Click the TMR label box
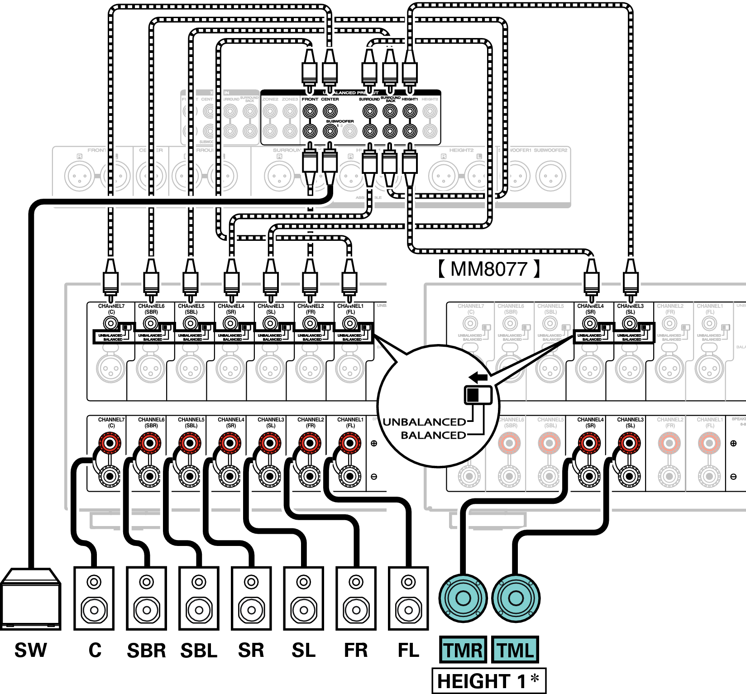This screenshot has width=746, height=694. (x=463, y=650)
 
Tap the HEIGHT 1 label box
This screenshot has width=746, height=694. (x=489, y=681)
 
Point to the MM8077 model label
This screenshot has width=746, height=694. (x=489, y=269)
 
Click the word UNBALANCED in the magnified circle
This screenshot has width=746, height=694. (x=424, y=422)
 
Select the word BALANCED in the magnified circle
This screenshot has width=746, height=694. (x=433, y=435)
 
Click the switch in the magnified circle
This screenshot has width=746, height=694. (x=478, y=395)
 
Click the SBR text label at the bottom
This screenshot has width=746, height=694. (x=146, y=651)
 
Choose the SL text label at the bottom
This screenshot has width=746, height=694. (x=303, y=651)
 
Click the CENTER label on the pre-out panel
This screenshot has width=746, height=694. (x=330, y=99)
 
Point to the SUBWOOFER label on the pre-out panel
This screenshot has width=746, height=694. (x=340, y=121)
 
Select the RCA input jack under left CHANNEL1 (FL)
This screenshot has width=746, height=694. (x=349, y=323)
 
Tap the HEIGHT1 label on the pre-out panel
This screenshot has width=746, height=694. (x=410, y=99)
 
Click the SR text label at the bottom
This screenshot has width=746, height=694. (x=251, y=651)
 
